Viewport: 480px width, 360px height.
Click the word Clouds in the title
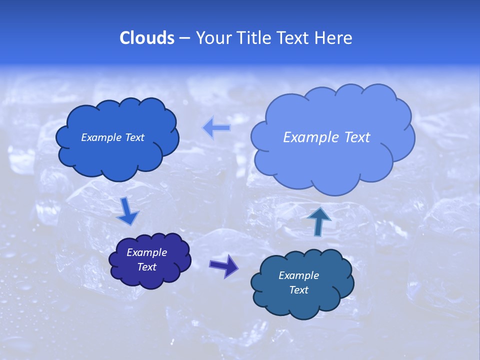(147, 38)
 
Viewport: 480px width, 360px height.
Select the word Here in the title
(335, 38)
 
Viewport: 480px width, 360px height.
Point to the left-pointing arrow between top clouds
(216, 128)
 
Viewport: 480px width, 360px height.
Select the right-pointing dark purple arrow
(223, 265)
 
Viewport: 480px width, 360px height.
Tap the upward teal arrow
(319, 220)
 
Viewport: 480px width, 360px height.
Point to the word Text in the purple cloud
(146, 267)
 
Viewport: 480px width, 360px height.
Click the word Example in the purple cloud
(146, 252)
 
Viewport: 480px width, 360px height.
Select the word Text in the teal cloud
(298, 290)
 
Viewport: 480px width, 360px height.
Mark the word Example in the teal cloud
(298, 275)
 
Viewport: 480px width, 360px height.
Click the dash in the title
(184, 38)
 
